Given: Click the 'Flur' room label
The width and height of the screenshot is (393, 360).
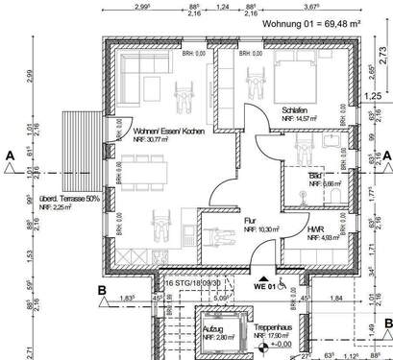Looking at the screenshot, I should click(x=250, y=220).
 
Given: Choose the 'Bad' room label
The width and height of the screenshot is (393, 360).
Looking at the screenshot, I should click(x=315, y=177).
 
